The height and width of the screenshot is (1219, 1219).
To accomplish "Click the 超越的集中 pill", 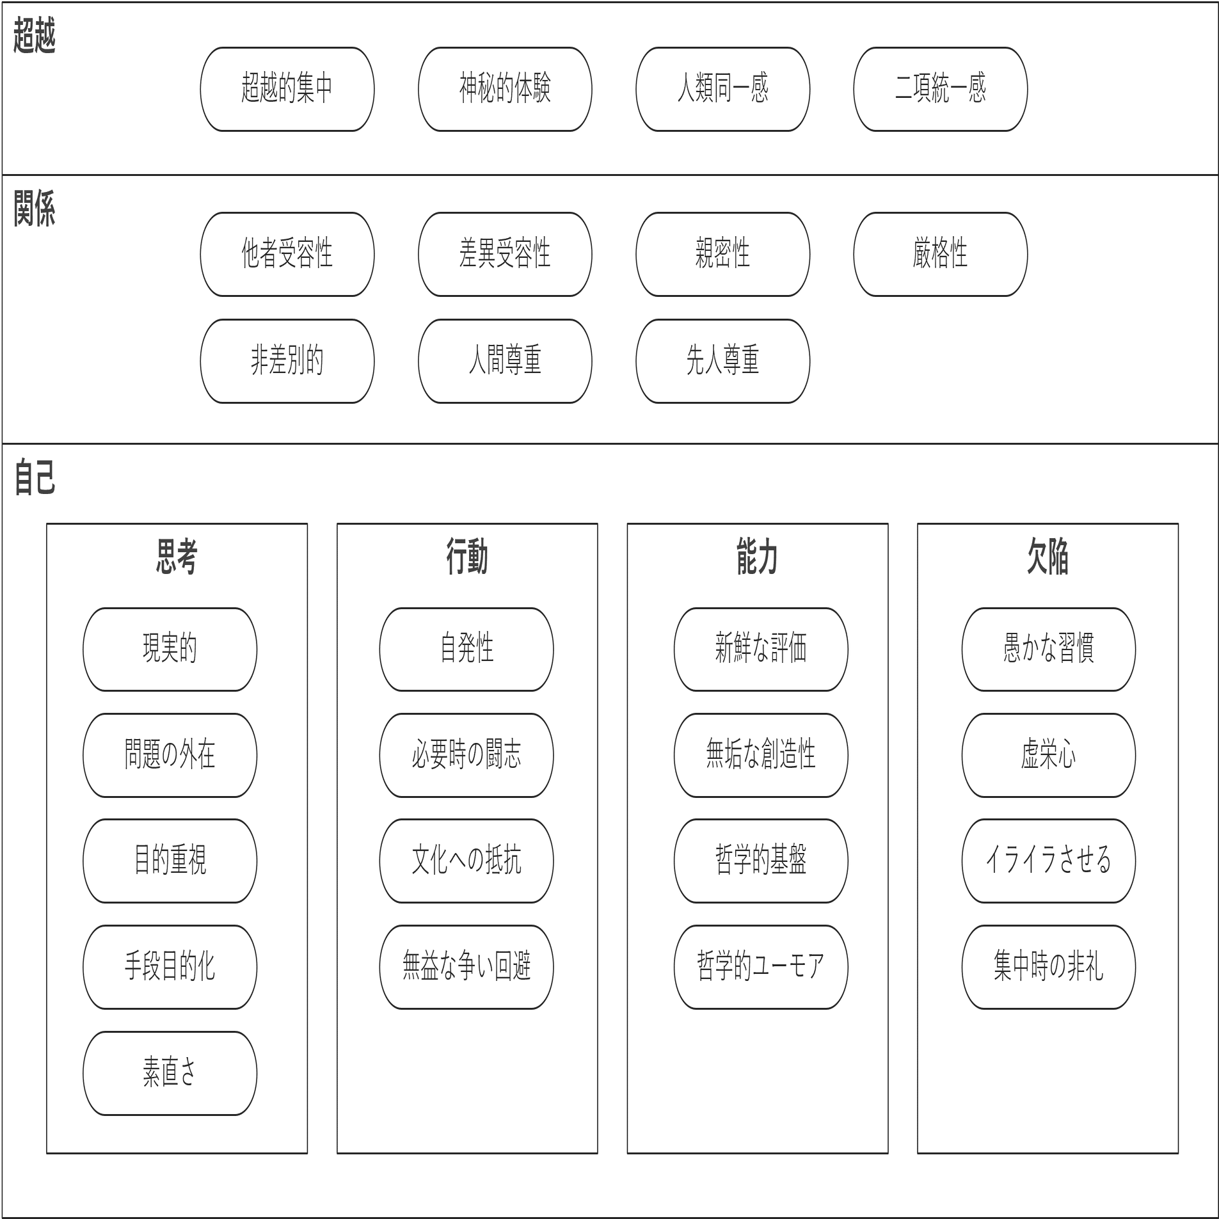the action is (x=287, y=89).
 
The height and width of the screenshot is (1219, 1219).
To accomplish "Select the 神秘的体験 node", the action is (x=505, y=89).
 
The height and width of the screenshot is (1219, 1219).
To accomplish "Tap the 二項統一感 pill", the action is (x=940, y=89).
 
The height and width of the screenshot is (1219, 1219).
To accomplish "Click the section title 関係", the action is (x=35, y=209).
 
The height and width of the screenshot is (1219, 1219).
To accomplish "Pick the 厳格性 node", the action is (x=940, y=254).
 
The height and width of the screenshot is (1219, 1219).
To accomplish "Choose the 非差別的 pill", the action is (x=287, y=361).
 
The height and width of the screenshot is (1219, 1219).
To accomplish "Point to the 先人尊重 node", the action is (x=722, y=361).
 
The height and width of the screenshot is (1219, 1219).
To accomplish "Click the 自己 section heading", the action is (x=35, y=477).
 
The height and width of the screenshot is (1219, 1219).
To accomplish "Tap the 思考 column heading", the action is (x=177, y=557).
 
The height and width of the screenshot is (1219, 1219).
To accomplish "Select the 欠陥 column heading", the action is (x=1048, y=557).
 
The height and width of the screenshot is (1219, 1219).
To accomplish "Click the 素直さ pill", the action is (x=170, y=1072).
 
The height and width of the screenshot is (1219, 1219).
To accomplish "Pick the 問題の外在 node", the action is (x=170, y=755).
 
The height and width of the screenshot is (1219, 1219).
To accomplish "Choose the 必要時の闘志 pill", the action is (x=466, y=755).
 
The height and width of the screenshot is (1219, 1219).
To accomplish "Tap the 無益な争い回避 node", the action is (x=466, y=967).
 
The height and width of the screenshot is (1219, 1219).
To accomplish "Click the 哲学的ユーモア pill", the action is (x=761, y=967).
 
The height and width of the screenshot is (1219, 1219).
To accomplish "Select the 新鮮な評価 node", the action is (x=761, y=649).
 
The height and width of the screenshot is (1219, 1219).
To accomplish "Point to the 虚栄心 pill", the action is (x=1048, y=755).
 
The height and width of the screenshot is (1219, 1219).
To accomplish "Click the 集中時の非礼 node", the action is (x=1048, y=967).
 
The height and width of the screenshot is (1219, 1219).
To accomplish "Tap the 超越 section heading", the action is (x=35, y=36).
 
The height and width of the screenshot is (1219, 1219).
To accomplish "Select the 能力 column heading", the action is (x=757, y=557).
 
